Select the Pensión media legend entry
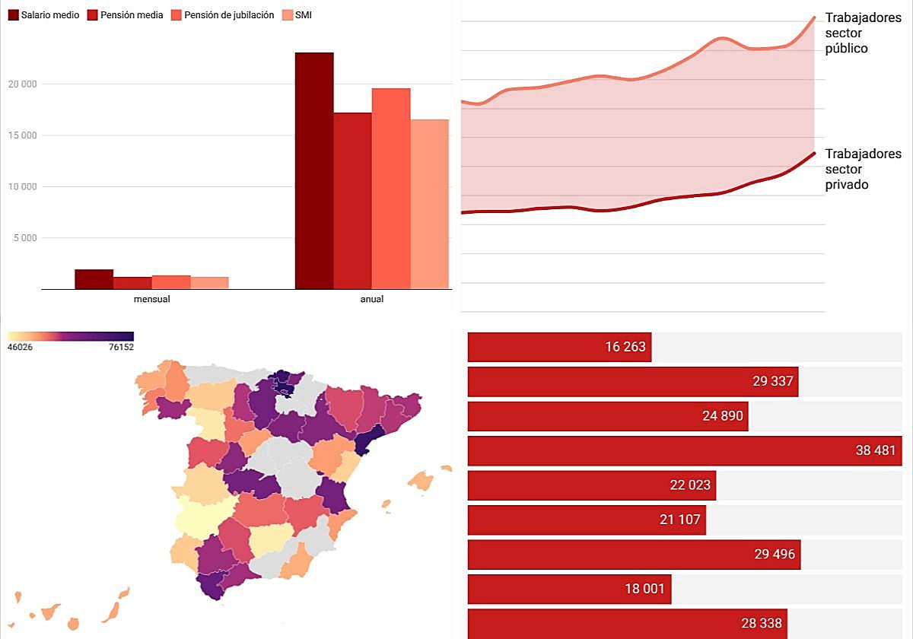click(126, 15)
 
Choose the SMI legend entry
click(302, 15)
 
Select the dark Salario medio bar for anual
click(314, 171)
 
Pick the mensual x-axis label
click(151, 300)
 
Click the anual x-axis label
click(372, 300)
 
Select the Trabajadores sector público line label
click(863, 33)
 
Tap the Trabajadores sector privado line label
click(863, 169)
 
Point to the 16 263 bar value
click(625, 347)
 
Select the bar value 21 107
click(680, 520)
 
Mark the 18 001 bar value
click(645, 589)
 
